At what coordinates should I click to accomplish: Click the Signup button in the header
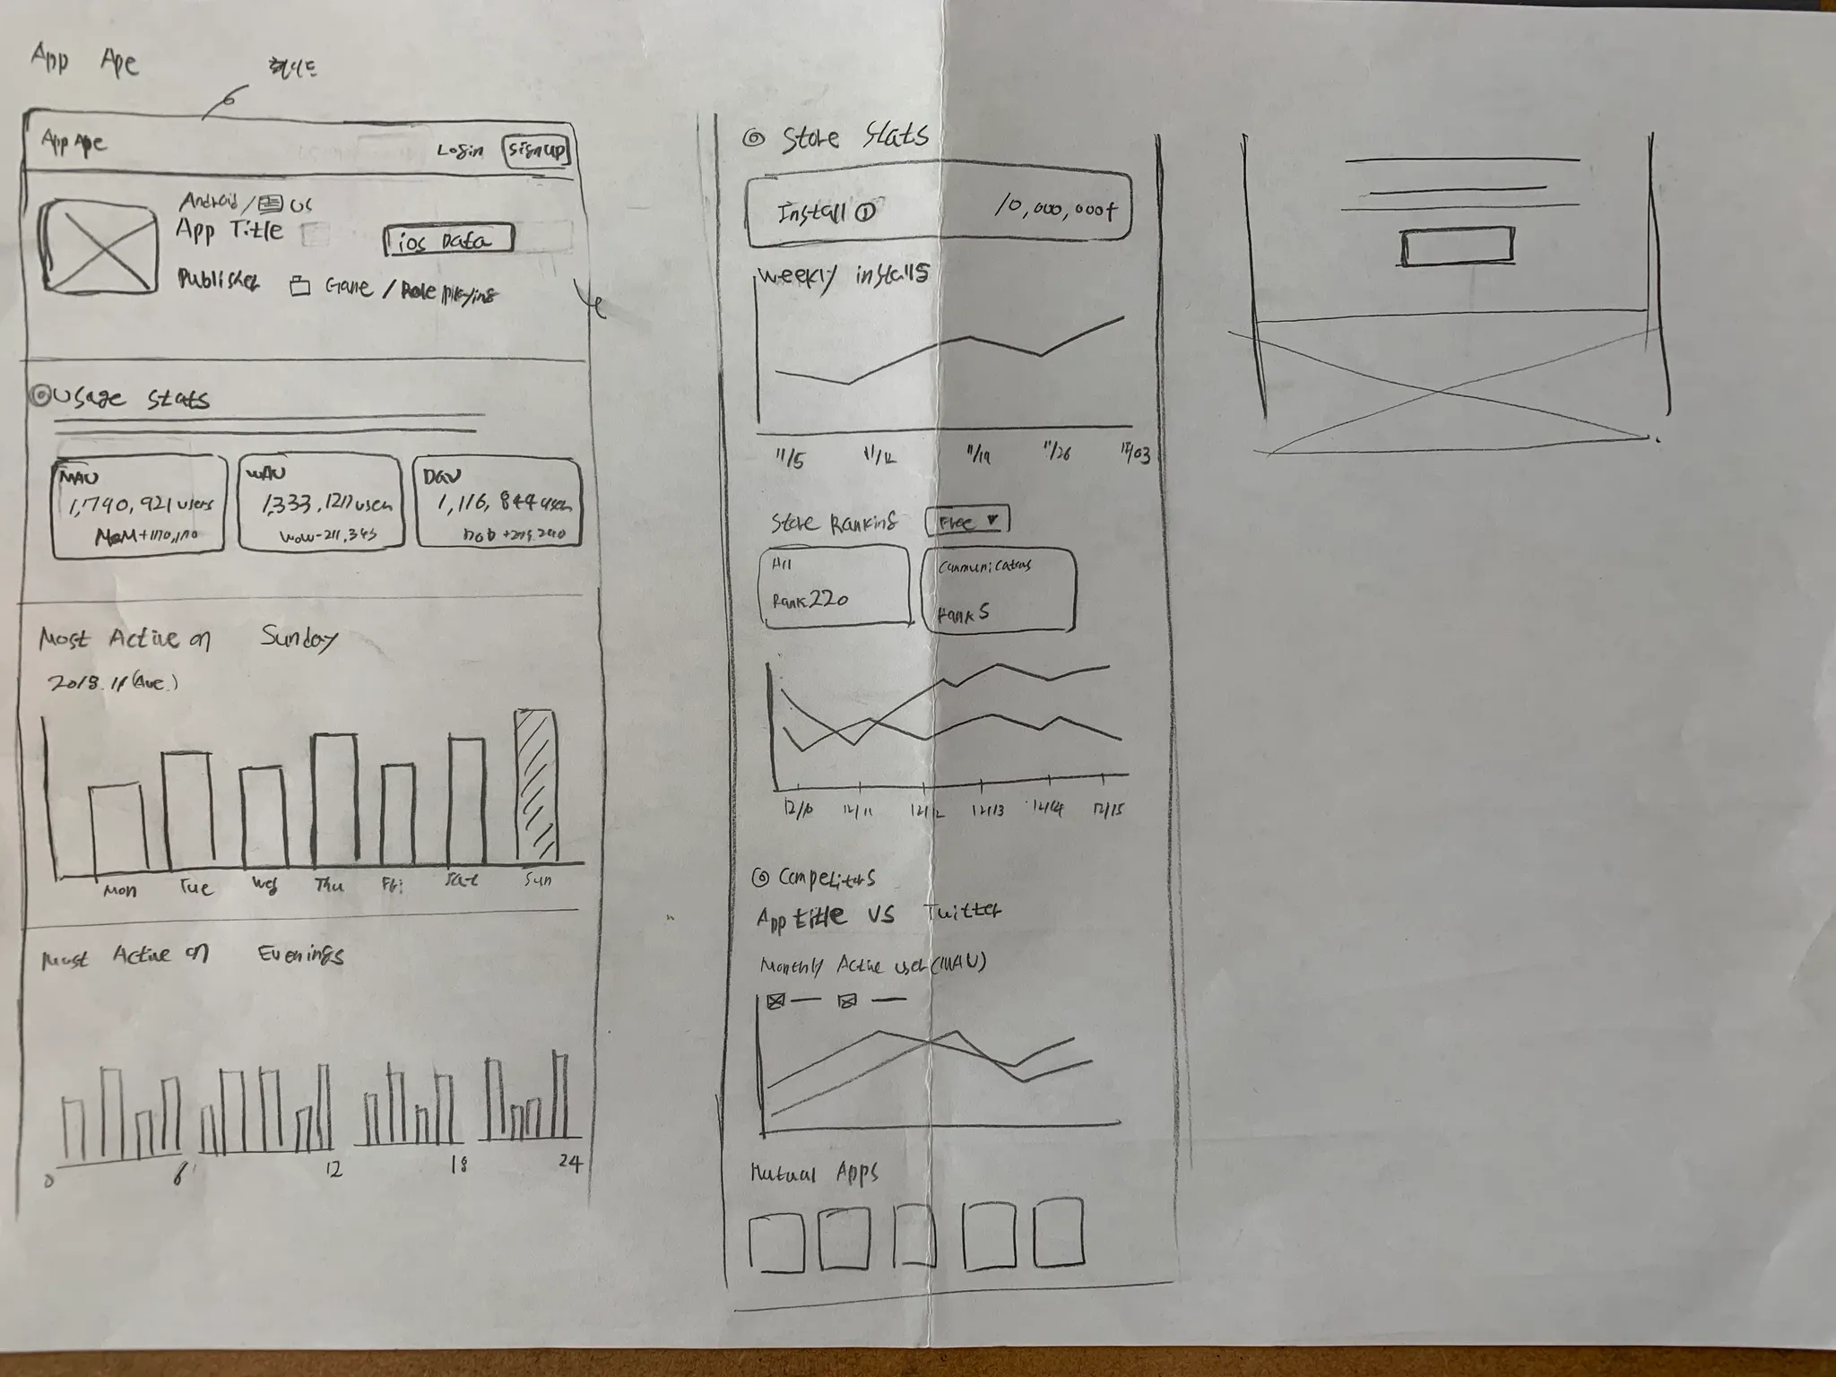click(x=536, y=150)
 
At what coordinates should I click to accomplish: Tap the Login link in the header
click(x=460, y=151)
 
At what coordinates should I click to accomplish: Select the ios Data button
click(x=449, y=240)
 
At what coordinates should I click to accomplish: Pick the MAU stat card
click(x=138, y=506)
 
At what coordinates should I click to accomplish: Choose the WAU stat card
click(x=320, y=503)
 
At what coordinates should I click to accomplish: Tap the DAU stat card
click(x=498, y=503)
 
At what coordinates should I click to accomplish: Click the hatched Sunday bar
click(x=536, y=786)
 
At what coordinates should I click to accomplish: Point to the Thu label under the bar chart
click(x=329, y=886)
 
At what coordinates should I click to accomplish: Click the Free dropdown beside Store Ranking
click(x=966, y=521)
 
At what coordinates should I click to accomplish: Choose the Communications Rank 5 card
click(x=998, y=590)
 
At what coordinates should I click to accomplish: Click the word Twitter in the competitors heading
click(x=963, y=912)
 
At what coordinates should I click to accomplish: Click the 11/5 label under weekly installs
click(x=790, y=459)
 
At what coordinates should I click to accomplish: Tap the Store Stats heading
click(x=853, y=137)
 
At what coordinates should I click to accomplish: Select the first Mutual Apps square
click(x=775, y=1243)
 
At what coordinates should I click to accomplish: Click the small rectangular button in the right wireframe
click(x=1458, y=247)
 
